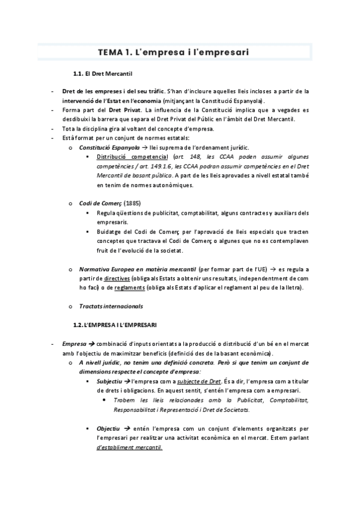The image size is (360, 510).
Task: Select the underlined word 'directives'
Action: [117, 278]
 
